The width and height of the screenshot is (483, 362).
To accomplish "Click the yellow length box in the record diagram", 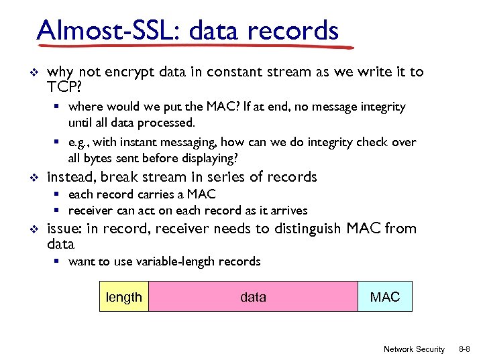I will click(x=124, y=297).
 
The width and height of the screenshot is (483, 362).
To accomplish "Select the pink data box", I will click(x=253, y=297).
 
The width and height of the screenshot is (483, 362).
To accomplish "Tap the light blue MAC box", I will click(x=385, y=297).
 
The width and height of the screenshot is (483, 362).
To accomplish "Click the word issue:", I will click(x=64, y=229).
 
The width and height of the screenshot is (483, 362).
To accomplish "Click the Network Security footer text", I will click(x=414, y=349).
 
